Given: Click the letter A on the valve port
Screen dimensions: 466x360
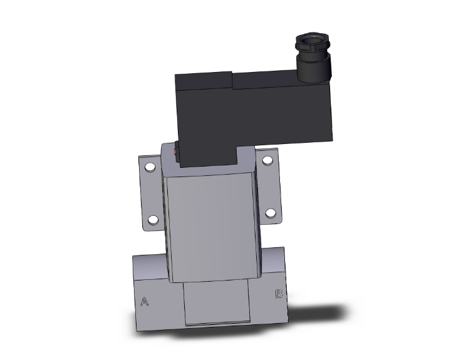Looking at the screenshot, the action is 145,302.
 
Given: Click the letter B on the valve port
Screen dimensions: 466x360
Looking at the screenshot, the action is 279,294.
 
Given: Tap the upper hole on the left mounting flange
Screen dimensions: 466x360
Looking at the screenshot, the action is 150,168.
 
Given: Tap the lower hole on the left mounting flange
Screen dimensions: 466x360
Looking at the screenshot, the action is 153,220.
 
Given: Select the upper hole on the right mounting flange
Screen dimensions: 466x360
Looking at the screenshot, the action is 267,160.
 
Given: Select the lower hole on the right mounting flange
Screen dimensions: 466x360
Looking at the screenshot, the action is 271,213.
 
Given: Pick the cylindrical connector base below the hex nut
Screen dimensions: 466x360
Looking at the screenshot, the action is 314,68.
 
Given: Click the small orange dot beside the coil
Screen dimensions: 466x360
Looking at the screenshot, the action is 175,152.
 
